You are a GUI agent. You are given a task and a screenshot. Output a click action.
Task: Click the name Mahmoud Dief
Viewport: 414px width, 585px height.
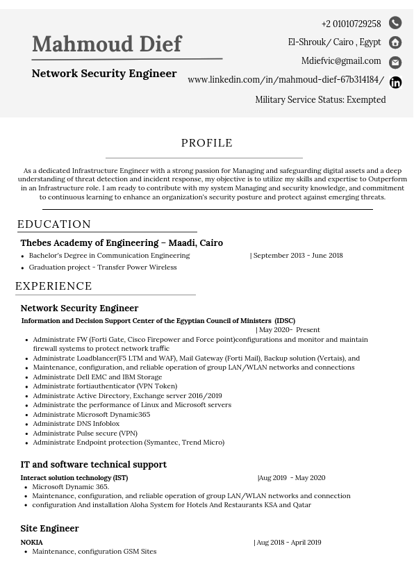106,44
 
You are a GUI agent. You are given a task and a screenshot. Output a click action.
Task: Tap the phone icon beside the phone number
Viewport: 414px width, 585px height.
395,23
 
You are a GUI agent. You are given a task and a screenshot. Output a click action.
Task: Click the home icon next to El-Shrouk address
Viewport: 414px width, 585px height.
395,42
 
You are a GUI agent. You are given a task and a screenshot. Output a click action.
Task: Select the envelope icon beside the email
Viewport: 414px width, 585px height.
395,63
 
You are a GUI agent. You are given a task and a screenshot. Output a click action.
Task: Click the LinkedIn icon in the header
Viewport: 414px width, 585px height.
395,83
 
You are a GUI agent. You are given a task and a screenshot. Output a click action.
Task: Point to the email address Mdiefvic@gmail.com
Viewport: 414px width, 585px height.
341,61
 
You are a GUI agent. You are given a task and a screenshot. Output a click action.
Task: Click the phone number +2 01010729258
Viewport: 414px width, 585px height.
351,24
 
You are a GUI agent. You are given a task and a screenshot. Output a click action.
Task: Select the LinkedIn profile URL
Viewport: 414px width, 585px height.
285,80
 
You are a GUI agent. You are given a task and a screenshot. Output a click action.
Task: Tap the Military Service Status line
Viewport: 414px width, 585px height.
320,100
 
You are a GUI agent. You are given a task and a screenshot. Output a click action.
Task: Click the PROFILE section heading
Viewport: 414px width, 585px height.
207,143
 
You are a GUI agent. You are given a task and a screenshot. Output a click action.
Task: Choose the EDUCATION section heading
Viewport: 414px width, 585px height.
54,224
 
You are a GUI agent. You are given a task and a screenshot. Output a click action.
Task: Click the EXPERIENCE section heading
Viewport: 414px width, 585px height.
53,286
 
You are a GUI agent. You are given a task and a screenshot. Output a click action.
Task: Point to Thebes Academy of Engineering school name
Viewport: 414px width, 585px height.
122,243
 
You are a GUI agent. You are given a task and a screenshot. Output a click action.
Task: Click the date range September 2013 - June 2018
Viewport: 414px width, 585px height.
297,256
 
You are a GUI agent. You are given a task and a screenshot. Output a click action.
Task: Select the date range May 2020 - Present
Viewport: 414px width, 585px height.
289,330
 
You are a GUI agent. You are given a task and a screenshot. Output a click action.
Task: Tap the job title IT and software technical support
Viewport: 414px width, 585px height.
93,465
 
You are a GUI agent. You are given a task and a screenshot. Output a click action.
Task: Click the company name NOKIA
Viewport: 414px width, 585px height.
32,543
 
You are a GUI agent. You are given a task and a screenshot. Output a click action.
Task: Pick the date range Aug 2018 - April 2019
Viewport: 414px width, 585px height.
288,543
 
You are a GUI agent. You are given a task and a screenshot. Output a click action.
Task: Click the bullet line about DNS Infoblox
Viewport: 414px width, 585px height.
76,424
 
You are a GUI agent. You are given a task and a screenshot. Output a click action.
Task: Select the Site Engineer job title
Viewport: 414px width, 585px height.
49,529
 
